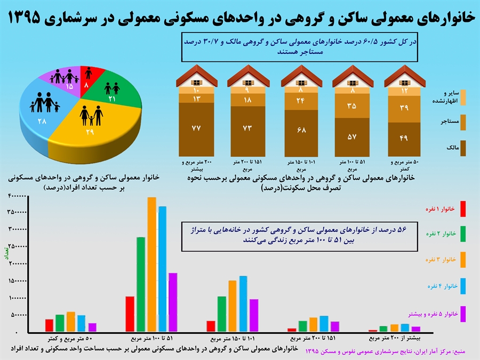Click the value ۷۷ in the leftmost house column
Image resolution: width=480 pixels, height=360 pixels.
point(197,128)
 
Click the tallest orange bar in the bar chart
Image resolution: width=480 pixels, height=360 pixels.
point(151,264)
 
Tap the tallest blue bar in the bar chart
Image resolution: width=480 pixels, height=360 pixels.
point(162,269)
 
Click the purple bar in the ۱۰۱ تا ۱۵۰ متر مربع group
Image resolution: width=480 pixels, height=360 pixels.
point(254,315)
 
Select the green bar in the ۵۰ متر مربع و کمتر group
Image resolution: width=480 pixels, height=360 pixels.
point(60,323)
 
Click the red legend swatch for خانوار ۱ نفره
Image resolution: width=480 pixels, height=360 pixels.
point(463,209)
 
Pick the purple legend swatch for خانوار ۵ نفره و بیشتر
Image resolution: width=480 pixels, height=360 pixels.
point(463,313)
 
